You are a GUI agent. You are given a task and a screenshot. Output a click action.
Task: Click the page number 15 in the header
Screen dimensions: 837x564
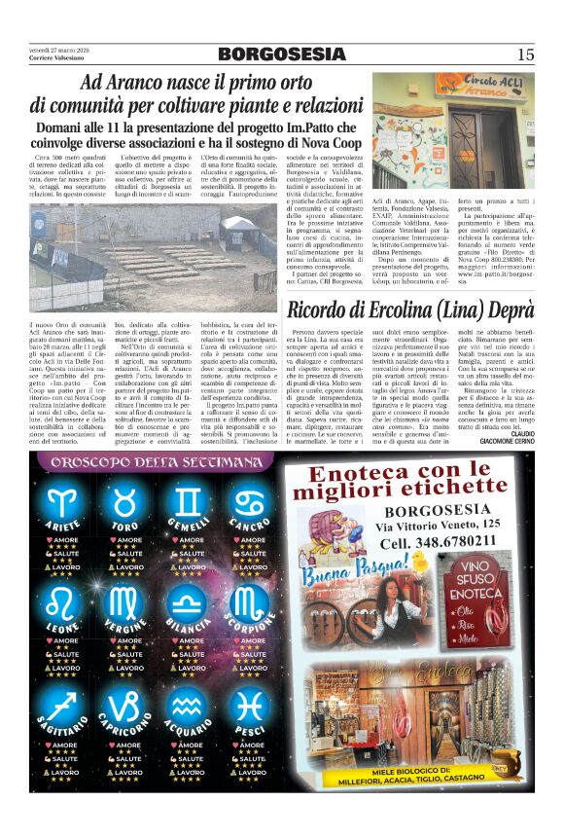pos(525,55)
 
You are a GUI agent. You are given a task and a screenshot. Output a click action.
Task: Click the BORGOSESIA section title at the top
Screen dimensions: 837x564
pos(281,54)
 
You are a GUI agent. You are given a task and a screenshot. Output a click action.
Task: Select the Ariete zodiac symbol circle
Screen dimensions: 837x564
pos(63,502)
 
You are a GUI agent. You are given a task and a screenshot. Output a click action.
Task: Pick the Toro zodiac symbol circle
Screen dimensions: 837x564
pos(124,502)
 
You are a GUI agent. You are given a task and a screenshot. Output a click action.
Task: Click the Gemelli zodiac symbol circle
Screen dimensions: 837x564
pos(188,502)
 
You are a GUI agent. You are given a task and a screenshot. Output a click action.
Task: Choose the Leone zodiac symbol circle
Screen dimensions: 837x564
pos(63,603)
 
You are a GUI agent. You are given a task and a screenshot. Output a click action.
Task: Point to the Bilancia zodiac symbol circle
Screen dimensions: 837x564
pos(188,603)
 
